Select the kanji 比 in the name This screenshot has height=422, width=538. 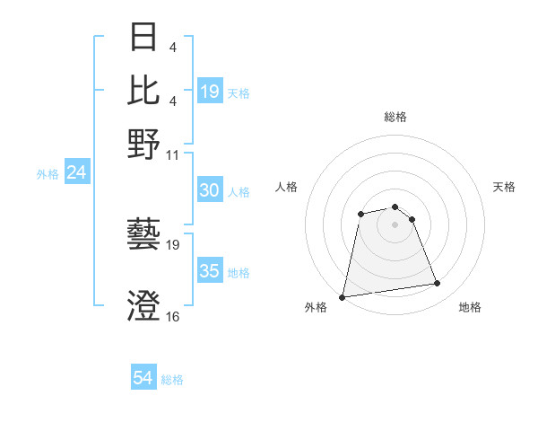(x=143, y=90)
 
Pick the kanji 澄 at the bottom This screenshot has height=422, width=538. (x=143, y=304)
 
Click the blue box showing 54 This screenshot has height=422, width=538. (x=143, y=378)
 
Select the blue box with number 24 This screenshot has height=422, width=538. (x=76, y=173)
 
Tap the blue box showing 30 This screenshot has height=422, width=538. (x=209, y=190)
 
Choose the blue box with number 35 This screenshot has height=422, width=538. (x=209, y=271)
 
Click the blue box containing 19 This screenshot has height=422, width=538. (x=209, y=92)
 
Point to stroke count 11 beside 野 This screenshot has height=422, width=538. (x=173, y=154)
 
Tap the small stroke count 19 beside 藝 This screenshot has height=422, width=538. (x=173, y=244)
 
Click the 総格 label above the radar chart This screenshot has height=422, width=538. (x=395, y=117)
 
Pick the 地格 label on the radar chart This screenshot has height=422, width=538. (x=470, y=308)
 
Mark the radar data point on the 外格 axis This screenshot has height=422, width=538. (x=343, y=296)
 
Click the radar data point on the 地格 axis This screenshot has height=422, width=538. (x=437, y=284)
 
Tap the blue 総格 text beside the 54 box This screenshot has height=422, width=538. (x=172, y=380)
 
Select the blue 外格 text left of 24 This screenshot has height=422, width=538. (x=48, y=174)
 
